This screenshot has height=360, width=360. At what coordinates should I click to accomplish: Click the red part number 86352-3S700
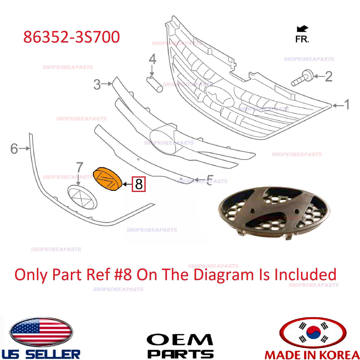72,37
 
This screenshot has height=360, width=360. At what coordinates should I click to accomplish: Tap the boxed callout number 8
139,184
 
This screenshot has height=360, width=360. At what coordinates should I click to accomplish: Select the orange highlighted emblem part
107,179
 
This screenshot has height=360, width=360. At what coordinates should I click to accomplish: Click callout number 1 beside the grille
346,104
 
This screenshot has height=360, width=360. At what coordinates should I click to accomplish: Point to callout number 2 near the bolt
329,76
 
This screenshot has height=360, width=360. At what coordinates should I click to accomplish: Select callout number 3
97,84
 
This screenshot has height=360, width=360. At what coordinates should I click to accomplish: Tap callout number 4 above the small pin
152,59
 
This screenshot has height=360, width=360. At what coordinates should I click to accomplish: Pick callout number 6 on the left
14,149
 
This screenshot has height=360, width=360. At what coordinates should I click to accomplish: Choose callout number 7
79,167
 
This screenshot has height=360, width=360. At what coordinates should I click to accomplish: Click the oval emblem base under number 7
82,197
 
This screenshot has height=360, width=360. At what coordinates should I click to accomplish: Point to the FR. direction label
302,39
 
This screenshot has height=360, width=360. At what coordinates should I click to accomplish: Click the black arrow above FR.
302,29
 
